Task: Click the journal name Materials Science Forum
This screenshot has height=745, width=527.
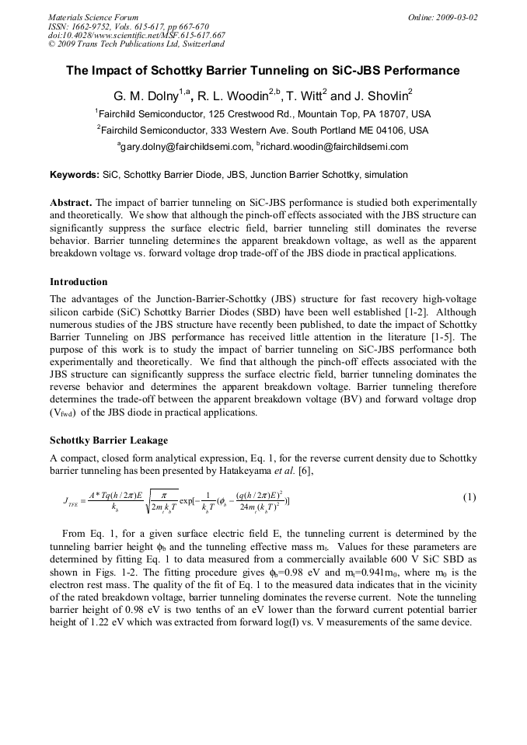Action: (93, 16)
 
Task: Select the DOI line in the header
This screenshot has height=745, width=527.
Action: (137, 35)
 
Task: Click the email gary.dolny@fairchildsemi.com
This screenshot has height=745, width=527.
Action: (185, 146)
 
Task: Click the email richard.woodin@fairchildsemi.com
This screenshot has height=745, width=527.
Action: (335, 146)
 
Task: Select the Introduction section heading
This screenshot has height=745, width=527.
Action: (79, 281)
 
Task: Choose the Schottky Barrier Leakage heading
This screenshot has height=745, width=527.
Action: (108, 440)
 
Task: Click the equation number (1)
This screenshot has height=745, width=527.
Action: (469, 497)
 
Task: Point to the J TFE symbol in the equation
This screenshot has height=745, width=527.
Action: (70, 501)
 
